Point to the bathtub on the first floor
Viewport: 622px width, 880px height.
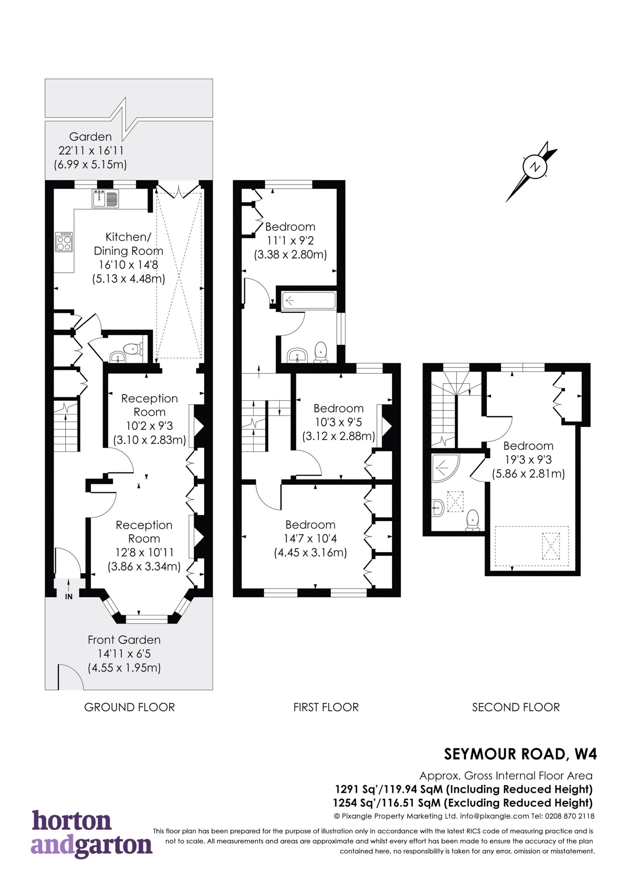[x=309, y=300]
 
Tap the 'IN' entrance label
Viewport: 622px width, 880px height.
[x=69, y=597]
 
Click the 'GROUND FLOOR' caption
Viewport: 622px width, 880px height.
[x=130, y=707]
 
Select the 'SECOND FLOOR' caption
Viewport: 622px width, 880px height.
[x=516, y=707]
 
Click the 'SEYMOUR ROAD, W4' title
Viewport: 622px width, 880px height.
[x=520, y=754]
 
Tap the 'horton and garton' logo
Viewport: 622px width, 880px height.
[x=92, y=836]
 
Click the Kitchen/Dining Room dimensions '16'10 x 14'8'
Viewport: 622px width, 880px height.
[x=129, y=264]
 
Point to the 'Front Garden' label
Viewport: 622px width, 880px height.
[x=124, y=640]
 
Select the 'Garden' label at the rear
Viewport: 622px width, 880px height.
[x=90, y=136]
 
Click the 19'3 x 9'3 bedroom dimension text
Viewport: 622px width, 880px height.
[x=529, y=460]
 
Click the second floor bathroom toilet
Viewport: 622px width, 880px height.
[x=473, y=520]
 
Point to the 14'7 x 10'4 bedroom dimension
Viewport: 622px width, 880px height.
[x=310, y=539]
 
